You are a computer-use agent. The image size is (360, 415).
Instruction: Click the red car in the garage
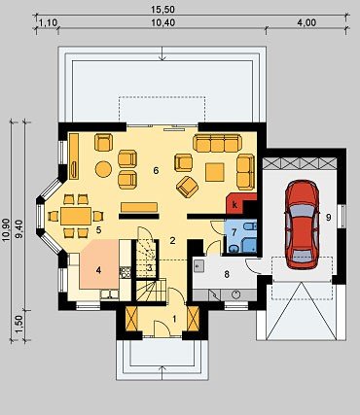point(302,225)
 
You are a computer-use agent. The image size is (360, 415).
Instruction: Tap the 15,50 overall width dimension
point(163,10)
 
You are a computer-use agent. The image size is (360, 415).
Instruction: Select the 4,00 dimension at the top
point(306,22)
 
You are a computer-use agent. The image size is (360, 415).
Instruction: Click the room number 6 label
point(156,171)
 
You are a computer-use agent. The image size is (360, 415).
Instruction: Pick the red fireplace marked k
point(239,203)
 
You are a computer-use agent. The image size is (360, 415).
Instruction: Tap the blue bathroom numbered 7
point(240,236)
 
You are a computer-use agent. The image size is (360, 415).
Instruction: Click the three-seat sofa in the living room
point(217,143)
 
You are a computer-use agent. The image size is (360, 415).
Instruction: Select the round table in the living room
point(104,169)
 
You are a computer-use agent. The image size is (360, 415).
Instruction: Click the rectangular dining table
point(76,216)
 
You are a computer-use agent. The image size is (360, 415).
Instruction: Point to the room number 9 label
point(328,218)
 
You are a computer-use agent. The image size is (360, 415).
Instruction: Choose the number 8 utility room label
point(227,274)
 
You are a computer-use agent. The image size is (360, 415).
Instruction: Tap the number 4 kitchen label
point(98,270)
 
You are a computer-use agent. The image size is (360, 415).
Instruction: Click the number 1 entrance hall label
point(174,319)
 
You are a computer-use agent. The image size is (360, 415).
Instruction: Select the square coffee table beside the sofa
point(215,172)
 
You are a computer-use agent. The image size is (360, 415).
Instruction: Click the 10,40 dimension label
point(163,22)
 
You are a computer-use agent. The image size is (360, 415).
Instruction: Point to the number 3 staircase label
point(150,268)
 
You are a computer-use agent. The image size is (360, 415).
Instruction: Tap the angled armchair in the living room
point(187,187)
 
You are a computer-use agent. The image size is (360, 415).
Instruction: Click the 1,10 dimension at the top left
point(48,22)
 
